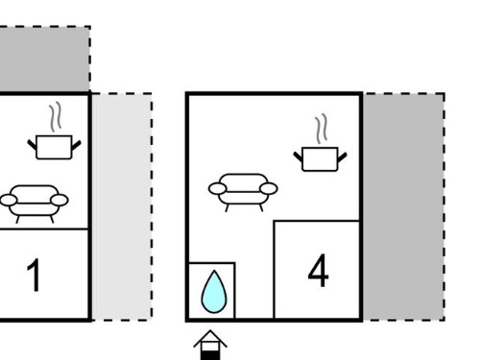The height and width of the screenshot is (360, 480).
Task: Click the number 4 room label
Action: (x=318, y=271)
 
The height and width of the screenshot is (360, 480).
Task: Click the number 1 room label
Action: (x=34, y=276)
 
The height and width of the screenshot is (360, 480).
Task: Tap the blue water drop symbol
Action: (x=214, y=292)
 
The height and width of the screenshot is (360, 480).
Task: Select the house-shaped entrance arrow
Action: (x=210, y=345)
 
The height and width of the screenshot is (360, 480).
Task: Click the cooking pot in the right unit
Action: (x=320, y=159)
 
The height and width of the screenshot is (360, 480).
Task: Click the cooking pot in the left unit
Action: (x=54, y=147)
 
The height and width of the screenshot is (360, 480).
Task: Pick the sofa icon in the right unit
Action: (x=243, y=192)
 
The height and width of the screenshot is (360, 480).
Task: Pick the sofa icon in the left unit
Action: (x=34, y=204)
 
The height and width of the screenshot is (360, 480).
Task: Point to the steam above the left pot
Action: (x=56, y=117)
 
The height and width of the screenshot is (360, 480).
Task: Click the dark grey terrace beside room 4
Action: (x=404, y=206)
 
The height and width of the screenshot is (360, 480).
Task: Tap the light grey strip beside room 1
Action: (x=122, y=206)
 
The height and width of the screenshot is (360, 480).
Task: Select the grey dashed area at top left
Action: (x=44, y=59)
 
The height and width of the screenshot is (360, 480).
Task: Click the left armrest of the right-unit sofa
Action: (x=217, y=189)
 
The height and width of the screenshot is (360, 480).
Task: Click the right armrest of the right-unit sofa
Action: (x=269, y=189)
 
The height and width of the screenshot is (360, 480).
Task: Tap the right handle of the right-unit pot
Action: (x=342, y=157)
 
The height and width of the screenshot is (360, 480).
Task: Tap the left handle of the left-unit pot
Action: (x=33, y=145)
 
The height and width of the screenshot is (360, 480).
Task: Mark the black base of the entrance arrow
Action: (x=210, y=355)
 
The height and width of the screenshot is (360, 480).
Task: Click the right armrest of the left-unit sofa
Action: (x=60, y=201)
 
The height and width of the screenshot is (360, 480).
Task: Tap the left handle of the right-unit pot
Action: (x=298, y=156)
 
